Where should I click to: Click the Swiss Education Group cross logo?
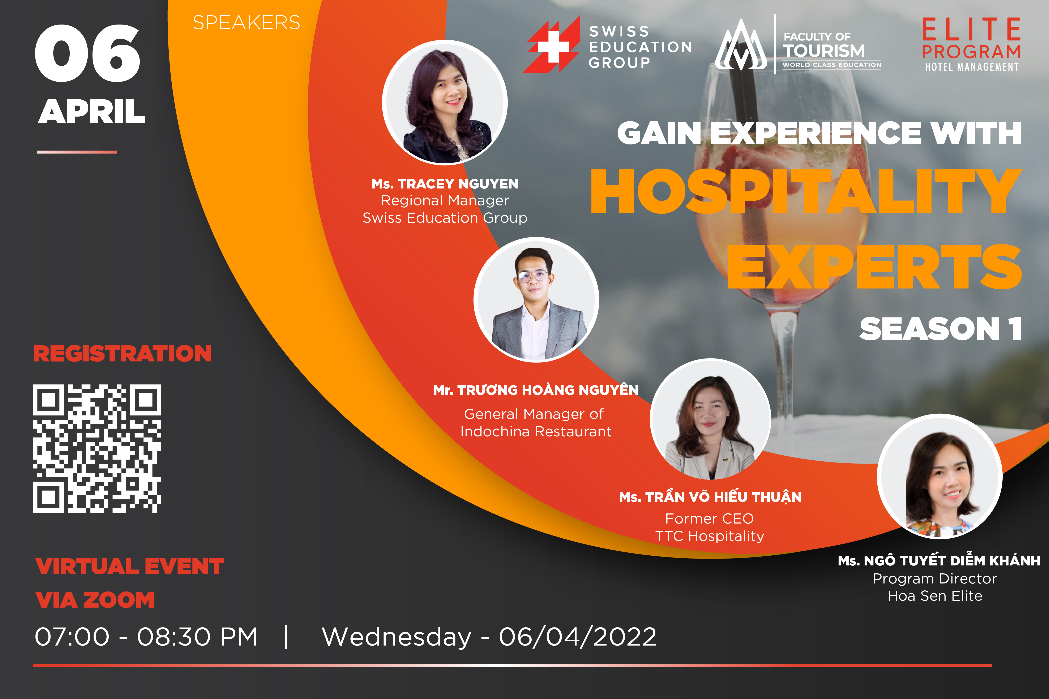(552, 45)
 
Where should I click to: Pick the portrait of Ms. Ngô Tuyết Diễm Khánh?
(940, 477)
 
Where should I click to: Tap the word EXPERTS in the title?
(874, 267)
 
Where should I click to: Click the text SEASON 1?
(940, 329)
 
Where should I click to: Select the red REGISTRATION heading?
(123, 353)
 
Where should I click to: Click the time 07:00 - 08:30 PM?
(146, 637)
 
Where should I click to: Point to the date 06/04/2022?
(578, 637)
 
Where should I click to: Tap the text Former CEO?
(710, 518)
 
